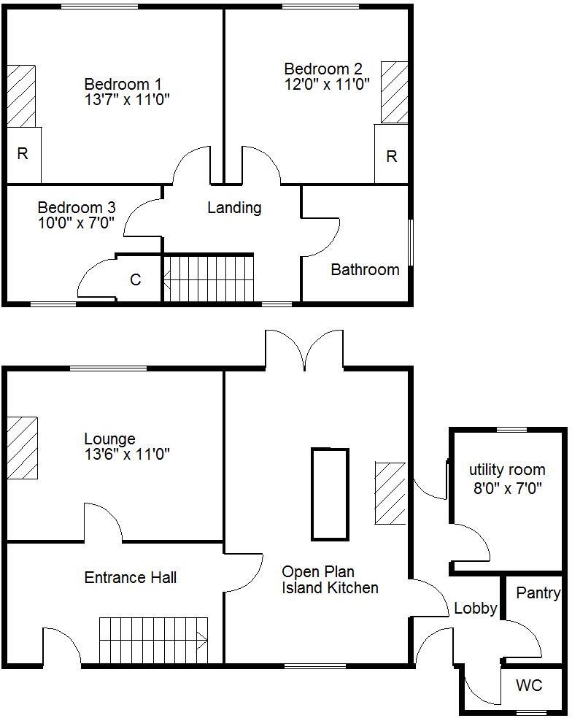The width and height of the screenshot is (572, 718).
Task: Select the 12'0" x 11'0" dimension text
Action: click(x=328, y=84)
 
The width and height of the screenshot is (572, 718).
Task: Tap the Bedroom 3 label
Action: click(x=77, y=207)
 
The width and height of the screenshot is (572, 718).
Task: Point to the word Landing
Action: click(x=234, y=208)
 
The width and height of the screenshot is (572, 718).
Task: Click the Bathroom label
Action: click(x=365, y=270)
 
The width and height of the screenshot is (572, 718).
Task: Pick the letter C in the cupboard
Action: click(x=136, y=279)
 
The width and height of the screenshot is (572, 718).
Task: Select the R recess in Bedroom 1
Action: click(x=23, y=154)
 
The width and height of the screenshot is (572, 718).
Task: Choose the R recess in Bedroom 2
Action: click(x=392, y=156)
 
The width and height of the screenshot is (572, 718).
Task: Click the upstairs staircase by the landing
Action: click(x=208, y=277)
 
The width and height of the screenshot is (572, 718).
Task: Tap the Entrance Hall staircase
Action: click(x=154, y=640)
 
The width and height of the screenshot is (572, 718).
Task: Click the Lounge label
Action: click(x=109, y=439)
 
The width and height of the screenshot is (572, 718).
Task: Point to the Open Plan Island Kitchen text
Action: click(x=330, y=580)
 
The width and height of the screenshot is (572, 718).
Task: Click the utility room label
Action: click(x=507, y=470)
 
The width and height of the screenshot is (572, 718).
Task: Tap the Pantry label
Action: click(x=538, y=593)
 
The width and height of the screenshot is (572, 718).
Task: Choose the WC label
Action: click(x=529, y=686)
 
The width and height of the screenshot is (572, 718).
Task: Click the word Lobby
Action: click(x=476, y=609)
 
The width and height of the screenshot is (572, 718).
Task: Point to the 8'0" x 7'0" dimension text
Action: click(x=507, y=489)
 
